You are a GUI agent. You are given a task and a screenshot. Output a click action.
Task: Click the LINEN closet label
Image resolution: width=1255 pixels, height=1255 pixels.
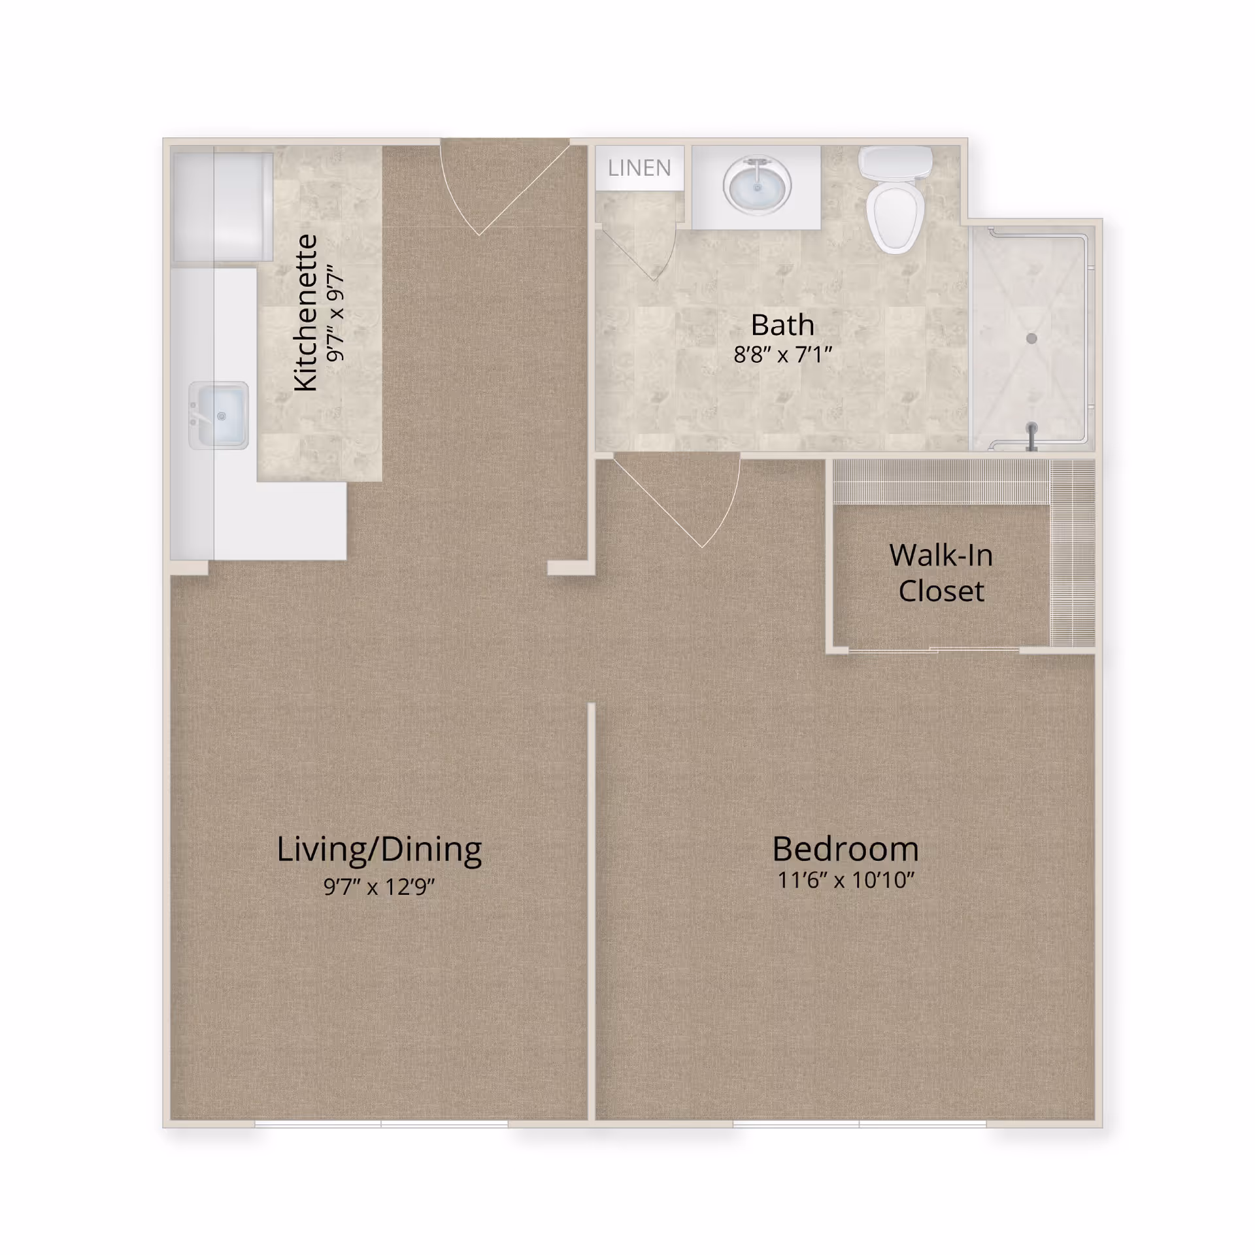[x=639, y=168]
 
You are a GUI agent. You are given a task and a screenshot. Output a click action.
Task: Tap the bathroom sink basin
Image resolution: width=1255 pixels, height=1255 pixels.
[x=757, y=186]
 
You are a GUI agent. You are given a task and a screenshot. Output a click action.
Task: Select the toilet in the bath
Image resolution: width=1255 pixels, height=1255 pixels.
[x=895, y=199]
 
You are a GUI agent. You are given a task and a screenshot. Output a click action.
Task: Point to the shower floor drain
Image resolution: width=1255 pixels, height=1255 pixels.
[x=1031, y=339]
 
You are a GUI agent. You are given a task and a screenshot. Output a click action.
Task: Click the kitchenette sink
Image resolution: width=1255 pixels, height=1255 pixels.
[x=219, y=416]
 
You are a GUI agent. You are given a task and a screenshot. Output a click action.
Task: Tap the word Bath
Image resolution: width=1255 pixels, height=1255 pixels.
[x=782, y=325]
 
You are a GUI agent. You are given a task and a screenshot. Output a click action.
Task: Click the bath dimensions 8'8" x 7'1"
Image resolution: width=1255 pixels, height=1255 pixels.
[x=782, y=355]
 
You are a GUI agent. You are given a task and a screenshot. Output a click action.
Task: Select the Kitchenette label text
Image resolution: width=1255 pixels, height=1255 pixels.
[x=305, y=313]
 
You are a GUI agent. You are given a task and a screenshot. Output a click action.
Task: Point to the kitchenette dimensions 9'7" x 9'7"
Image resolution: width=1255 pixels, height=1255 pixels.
[x=335, y=313]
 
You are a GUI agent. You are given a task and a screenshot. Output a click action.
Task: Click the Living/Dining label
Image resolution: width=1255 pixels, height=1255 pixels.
[x=379, y=850]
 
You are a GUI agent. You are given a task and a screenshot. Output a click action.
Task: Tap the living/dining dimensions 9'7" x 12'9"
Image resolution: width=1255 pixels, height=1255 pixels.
[x=379, y=887]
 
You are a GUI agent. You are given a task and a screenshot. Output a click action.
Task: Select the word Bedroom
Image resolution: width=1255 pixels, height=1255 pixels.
[x=846, y=849]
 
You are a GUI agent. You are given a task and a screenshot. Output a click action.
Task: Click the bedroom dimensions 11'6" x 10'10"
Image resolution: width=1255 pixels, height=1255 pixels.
[x=846, y=880]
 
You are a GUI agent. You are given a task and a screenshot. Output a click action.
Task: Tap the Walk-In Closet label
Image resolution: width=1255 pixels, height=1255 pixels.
[x=941, y=573]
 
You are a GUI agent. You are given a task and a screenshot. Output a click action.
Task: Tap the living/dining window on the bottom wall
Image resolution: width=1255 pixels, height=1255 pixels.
[x=381, y=1124]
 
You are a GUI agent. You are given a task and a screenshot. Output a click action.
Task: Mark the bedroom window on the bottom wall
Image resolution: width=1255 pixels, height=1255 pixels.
[x=860, y=1124]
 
